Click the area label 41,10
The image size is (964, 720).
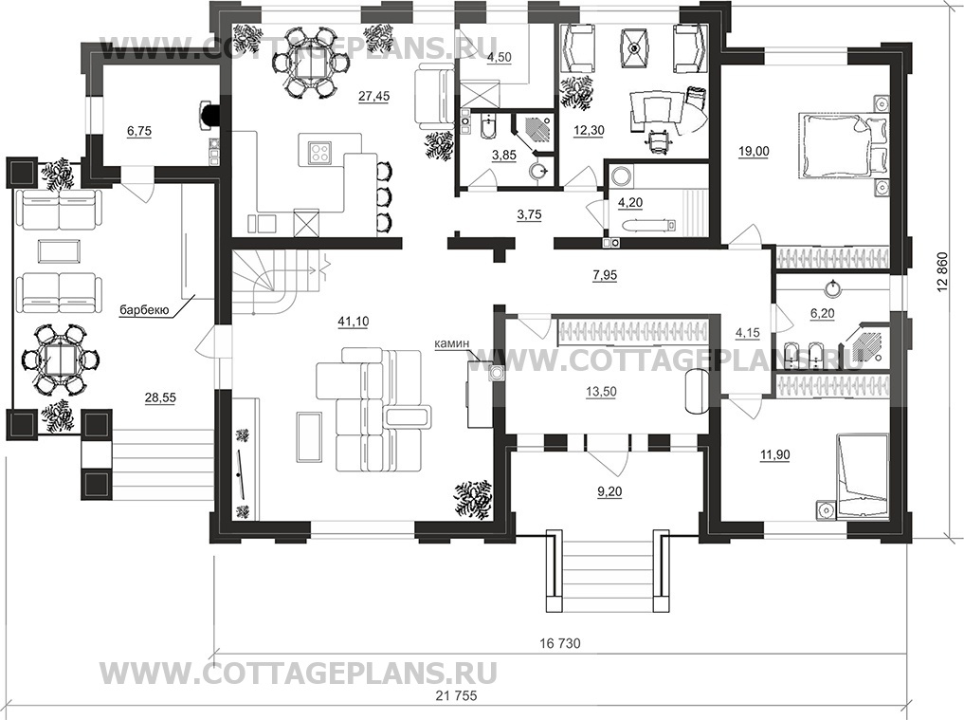click(x=354, y=322)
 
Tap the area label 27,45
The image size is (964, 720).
click(x=373, y=96)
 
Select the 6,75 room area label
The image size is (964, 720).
click(x=139, y=131)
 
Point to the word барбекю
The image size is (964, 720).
click(x=144, y=310)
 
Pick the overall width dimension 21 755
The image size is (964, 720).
click(x=456, y=696)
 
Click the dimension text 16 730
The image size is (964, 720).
click(x=560, y=644)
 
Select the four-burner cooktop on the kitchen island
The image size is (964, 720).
click(x=319, y=151)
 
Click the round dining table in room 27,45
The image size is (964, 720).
click(x=312, y=63)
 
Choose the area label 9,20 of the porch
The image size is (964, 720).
click(x=609, y=491)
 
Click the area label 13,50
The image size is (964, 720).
click(x=601, y=392)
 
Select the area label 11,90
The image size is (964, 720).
click(x=774, y=455)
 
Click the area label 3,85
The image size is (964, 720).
click(x=504, y=156)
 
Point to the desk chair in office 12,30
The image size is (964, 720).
click(x=656, y=141)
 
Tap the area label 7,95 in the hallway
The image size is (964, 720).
click(x=605, y=276)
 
